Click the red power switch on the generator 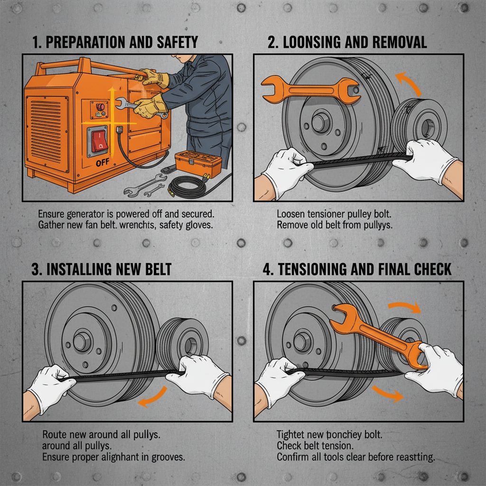pos(100,141)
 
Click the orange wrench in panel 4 pos(380,337)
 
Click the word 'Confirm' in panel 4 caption pos(292,458)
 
